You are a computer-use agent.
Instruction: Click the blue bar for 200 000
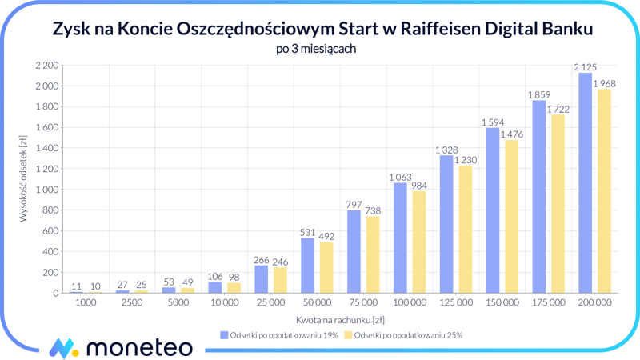[585, 183]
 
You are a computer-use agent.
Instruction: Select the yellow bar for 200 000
[604, 191]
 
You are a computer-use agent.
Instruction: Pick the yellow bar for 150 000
[511, 217]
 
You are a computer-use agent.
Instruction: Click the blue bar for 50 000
[308, 266]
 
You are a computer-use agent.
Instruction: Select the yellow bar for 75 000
[373, 255]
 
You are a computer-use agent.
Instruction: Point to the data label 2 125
[585, 67]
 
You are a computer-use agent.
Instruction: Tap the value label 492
[326, 237]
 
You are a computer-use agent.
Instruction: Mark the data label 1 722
[558, 110]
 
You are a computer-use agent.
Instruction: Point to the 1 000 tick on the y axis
[47, 190]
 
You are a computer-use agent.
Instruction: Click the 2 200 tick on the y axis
[47, 65]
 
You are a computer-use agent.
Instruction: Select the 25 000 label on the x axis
[270, 303]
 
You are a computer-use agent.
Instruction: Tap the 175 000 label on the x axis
[548, 303]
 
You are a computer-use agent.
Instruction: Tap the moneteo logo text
[138, 346]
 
